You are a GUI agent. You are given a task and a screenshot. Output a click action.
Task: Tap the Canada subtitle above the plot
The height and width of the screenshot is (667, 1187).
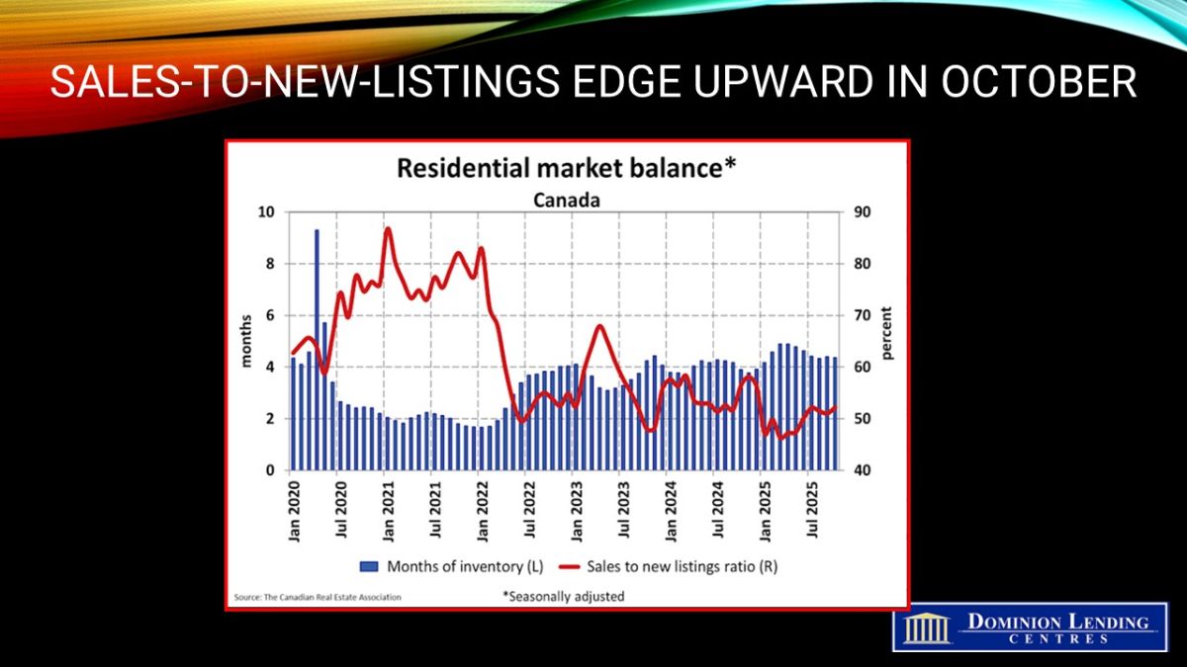click(566, 200)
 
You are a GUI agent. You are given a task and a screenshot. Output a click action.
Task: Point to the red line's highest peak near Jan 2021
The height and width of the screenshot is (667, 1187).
click(387, 229)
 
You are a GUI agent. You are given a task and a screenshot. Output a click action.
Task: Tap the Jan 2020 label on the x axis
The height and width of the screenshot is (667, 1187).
click(295, 514)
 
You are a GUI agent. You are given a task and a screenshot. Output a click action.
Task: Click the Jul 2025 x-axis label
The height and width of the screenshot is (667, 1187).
click(813, 514)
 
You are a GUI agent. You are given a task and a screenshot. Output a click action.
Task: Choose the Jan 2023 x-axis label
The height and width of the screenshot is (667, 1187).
click(578, 514)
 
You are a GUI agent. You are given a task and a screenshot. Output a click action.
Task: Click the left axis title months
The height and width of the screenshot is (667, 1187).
click(247, 341)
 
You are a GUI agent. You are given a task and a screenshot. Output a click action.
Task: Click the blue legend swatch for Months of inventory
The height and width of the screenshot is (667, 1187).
click(369, 567)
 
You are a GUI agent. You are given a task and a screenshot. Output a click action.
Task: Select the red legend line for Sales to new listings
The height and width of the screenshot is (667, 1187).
click(568, 567)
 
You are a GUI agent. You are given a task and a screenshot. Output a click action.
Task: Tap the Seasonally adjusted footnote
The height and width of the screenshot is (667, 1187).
click(564, 596)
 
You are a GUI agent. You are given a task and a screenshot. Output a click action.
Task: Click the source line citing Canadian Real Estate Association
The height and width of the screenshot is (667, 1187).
click(318, 597)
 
